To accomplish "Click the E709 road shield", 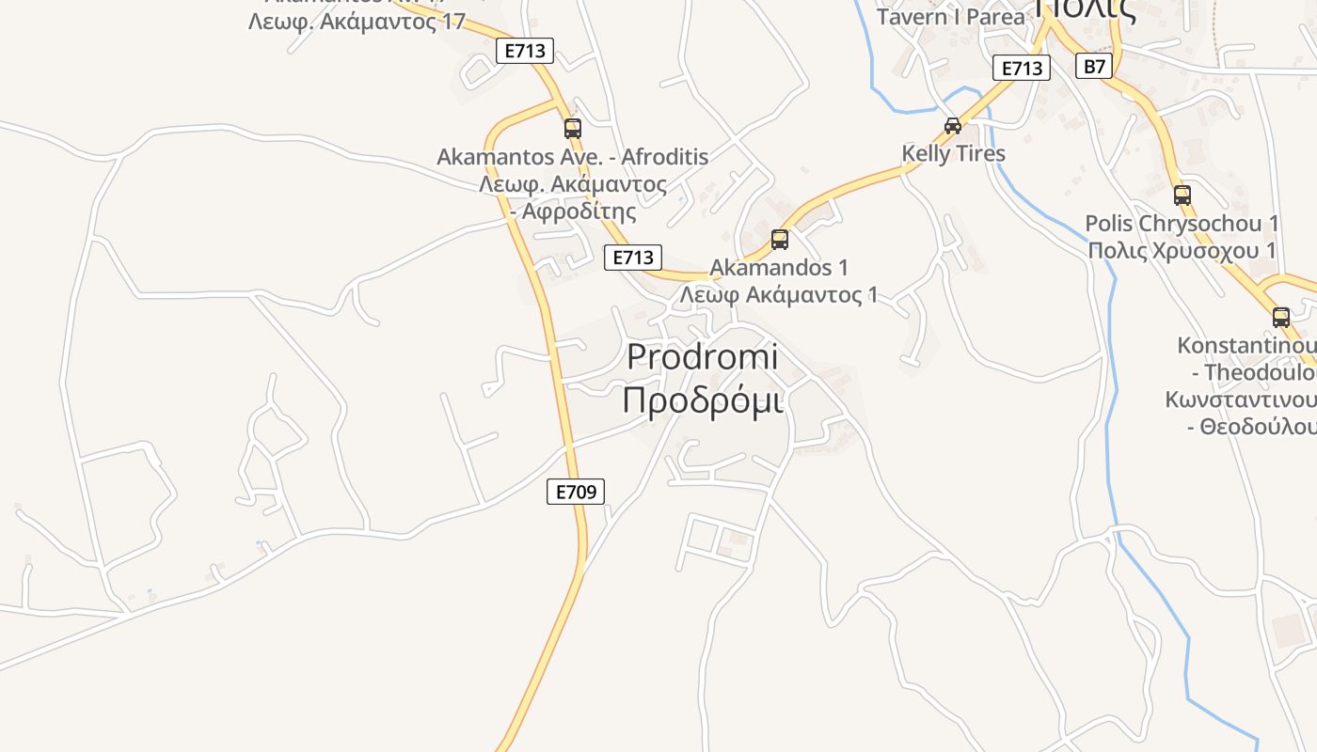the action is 576,491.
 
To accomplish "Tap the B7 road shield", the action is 1094,66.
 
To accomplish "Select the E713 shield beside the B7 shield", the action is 1022,68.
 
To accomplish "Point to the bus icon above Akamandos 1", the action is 780,239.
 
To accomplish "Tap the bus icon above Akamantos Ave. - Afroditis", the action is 572,128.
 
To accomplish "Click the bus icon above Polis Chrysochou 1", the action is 1182,196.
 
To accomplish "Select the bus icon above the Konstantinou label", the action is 1281,317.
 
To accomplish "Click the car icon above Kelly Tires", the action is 953,126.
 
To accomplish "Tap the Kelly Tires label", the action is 953,153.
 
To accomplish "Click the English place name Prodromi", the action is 703,357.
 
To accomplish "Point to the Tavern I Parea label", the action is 950,17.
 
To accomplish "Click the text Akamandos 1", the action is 779,268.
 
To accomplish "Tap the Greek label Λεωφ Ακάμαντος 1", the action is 779,295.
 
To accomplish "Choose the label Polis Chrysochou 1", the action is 1182,224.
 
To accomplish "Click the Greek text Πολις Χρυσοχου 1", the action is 1182,250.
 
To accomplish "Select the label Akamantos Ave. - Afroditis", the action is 572,156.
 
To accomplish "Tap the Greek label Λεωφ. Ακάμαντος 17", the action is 357,21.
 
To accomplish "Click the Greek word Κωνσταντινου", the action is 1240,399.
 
